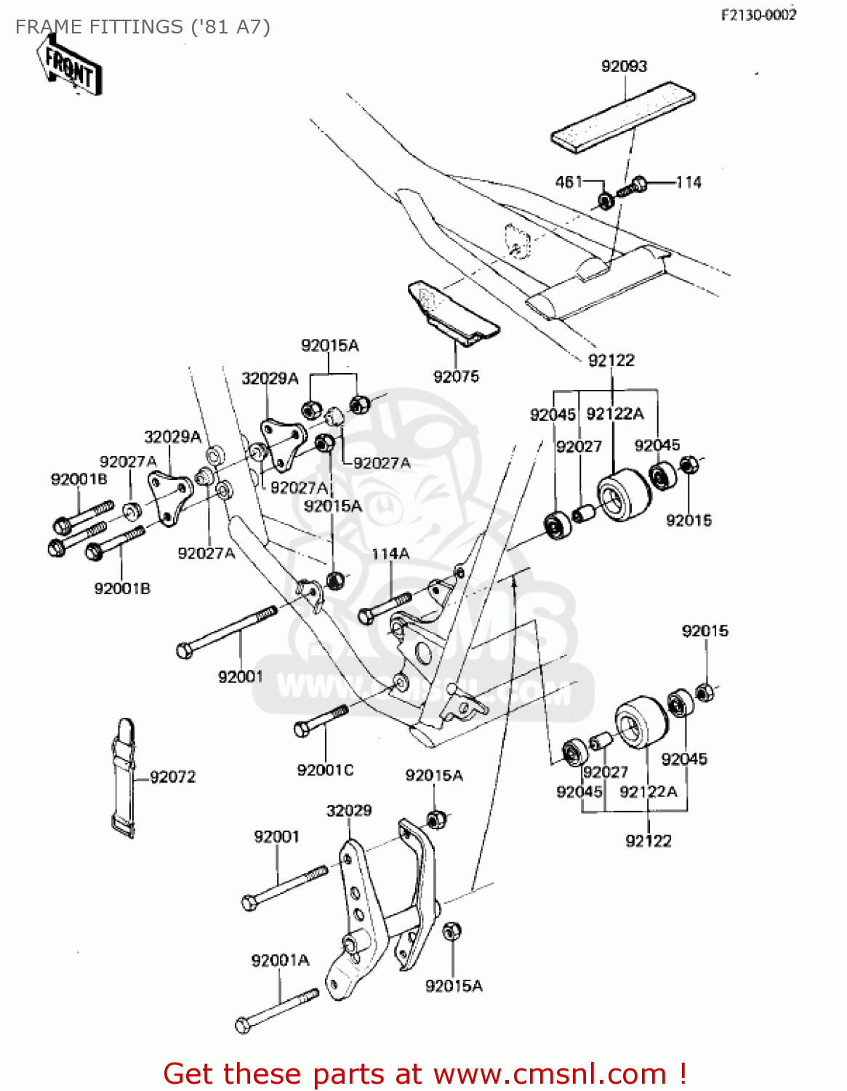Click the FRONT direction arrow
[x=70, y=65]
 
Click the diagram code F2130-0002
[x=758, y=15]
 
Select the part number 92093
[x=624, y=66]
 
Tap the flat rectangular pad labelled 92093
[x=622, y=116]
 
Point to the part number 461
[x=569, y=181]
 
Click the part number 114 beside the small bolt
[x=689, y=182]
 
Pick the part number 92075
[x=456, y=376]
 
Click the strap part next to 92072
[x=124, y=778]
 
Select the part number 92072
[x=173, y=777]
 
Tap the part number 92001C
[x=325, y=770]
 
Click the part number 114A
[x=390, y=554]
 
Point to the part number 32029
[x=349, y=810]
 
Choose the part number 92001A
[x=280, y=960]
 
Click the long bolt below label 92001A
[x=277, y=1011]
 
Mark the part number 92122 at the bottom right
[x=649, y=841]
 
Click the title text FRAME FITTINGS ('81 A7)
[x=142, y=27]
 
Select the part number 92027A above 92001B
[x=128, y=461]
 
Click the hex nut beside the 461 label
[x=604, y=199]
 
